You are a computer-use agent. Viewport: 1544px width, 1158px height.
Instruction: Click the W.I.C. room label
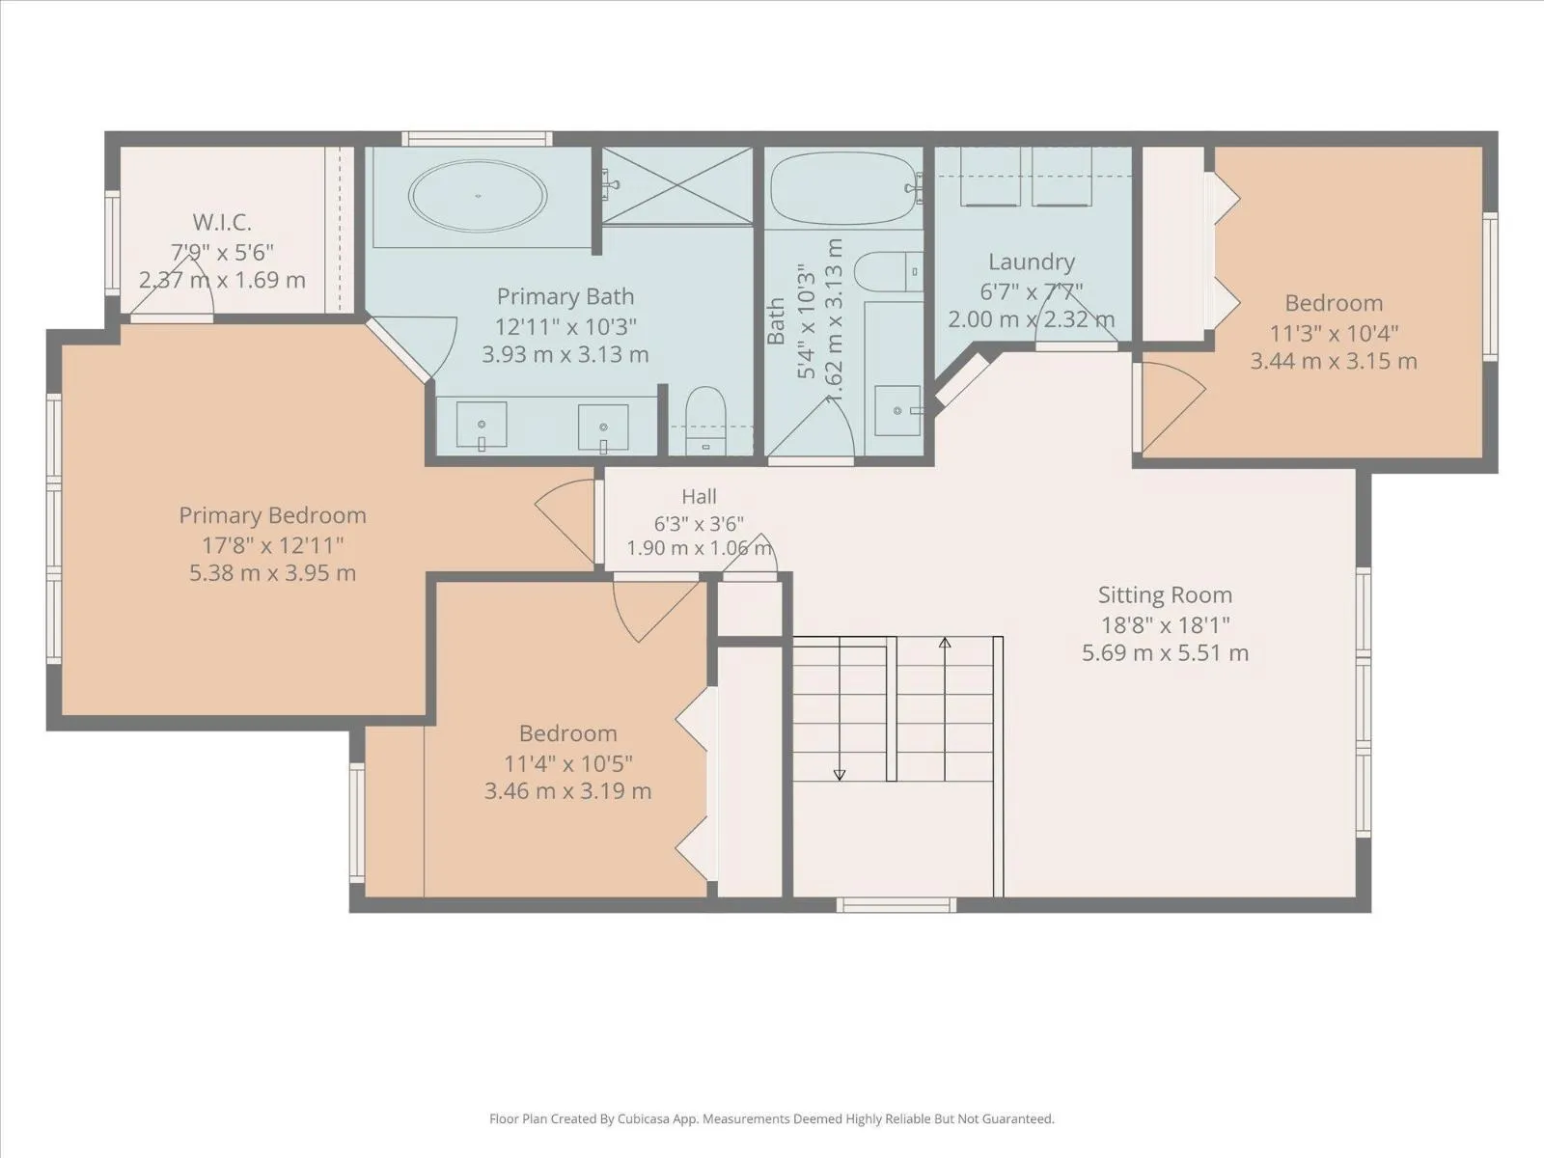222,222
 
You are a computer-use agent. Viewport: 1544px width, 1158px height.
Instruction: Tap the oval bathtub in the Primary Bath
478,196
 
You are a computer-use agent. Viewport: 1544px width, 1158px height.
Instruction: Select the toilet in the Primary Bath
705,420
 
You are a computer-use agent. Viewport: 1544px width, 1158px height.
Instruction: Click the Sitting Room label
1165,594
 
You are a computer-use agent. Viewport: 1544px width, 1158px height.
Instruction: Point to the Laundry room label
1032,262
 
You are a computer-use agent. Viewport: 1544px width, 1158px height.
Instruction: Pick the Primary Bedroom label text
272,515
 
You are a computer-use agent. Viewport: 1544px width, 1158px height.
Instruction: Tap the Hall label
700,496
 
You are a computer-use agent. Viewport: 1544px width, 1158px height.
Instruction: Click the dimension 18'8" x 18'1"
1165,624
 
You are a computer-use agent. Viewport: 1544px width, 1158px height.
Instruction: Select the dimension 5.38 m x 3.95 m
272,573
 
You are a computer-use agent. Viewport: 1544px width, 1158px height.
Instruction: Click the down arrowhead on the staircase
840,775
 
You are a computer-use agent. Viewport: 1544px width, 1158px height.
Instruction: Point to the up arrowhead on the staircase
945,643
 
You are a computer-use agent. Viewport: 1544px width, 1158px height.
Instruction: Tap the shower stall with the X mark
677,185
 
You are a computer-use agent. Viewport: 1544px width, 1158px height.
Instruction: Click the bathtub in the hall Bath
844,188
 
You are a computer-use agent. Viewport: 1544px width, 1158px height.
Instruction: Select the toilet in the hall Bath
889,271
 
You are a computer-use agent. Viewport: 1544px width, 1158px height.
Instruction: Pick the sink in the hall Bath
896,411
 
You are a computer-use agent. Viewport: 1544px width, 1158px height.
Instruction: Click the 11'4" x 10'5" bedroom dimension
567,763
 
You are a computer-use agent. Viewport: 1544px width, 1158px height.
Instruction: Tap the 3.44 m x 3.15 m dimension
1333,361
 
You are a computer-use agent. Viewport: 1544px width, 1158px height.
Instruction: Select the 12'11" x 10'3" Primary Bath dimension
565,326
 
